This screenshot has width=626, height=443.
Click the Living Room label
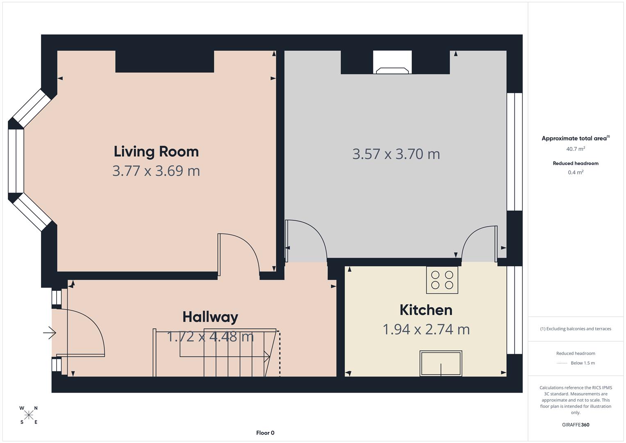click(x=156, y=151)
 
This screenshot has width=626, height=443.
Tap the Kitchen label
click(x=426, y=310)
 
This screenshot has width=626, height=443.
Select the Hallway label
click(x=210, y=317)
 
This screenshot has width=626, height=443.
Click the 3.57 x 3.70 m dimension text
click(x=396, y=154)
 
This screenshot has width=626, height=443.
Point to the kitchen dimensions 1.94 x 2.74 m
click(x=426, y=329)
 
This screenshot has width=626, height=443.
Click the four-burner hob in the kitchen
click(x=442, y=280)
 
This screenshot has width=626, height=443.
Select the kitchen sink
click(x=441, y=363)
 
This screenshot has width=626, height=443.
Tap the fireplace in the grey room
click(x=392, y=64)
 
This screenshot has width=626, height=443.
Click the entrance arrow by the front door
click(x=50, y=332)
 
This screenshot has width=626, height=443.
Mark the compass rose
click(x=29, y=415)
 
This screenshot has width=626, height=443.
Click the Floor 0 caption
click(x=265, y=433)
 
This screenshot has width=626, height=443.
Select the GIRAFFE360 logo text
click(x=576, y=425)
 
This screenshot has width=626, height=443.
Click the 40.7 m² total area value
click(x=576, y=149)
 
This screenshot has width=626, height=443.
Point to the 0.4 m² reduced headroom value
click(x=576, y=172)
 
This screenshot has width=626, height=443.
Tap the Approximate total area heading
click(x=575, y=138)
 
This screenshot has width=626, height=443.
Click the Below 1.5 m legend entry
click(x=582, y=363)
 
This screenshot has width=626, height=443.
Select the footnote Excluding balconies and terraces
click(x=576, y=329)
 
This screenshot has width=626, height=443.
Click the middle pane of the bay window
click(x=16, y=161)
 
